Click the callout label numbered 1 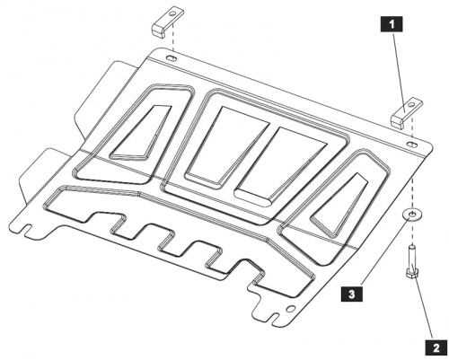(392, 24)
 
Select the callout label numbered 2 (436, 347)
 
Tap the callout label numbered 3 (352, 294)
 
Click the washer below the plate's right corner (412, 215)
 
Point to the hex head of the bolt (412, 274)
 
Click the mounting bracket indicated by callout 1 (406, 113)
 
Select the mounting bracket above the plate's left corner (168, 24)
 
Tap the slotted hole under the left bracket (172, 58)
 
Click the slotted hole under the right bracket (412, 144)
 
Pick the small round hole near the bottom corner (290, 308)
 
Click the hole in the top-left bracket (173, 13)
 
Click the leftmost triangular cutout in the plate (140, 132)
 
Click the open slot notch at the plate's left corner (28, 227)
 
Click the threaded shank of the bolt (412, 257)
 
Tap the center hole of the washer (412, 214)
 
